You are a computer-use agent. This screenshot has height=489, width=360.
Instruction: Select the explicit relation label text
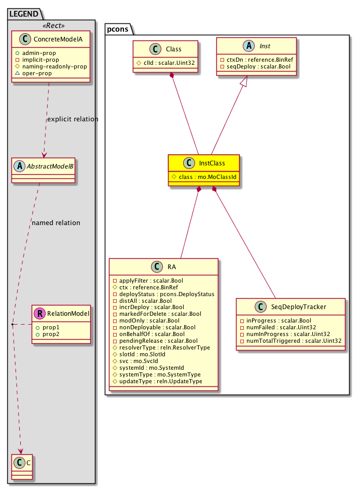click(x=72, y=119)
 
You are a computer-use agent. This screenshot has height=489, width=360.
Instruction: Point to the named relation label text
click(x=56, y=223)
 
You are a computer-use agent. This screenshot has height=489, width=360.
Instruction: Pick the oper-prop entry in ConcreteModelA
click(x=37, y=73)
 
